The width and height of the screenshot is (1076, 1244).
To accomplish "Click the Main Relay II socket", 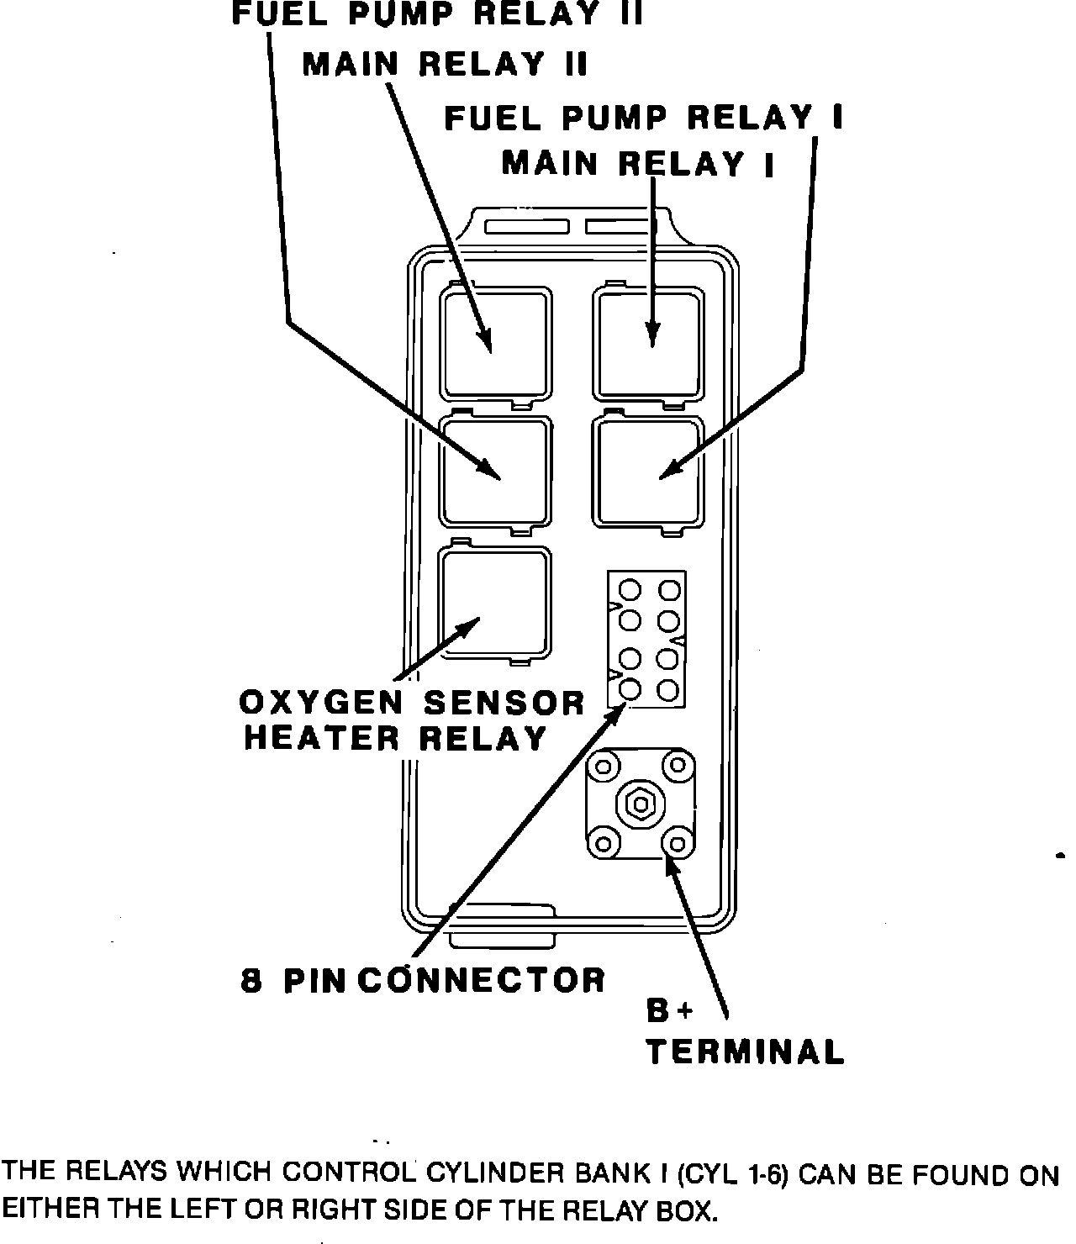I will pos(496,342).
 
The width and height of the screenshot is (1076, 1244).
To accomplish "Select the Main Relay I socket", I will pos(647,342).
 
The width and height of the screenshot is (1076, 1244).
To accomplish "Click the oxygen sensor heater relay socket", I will pos(496,603).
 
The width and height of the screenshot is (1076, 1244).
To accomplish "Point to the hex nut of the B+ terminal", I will pos(640,804).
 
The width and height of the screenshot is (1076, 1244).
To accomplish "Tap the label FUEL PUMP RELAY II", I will pos(437,15).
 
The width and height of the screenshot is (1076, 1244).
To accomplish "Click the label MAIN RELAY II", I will pos(445,65).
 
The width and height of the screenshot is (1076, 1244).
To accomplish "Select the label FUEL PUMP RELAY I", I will pos(643,118).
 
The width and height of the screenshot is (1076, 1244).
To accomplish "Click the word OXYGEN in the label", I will pos(324,703).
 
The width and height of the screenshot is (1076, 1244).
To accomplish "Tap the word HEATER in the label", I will pos(323,739).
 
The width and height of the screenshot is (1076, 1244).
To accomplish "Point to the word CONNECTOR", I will pos(485,980).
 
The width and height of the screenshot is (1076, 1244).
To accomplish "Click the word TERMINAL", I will pos(745,1052).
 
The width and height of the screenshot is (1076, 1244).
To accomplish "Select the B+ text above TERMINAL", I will pos(670,1011).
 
